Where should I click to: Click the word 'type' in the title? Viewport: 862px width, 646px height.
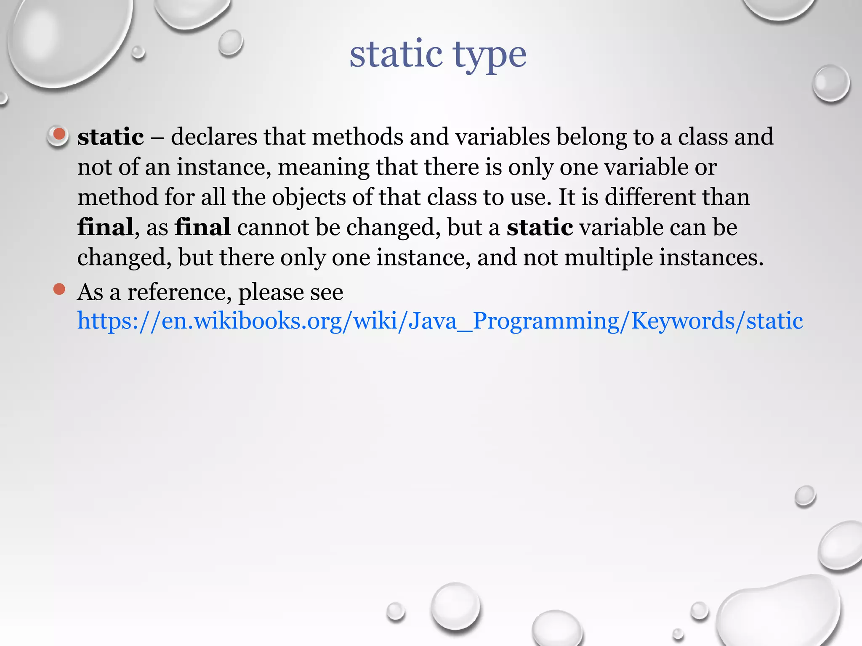click(x=490, y=56)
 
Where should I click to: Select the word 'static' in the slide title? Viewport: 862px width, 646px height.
click(x=396, y=55)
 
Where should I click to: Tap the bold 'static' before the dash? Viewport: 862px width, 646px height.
click(x=111, y=137)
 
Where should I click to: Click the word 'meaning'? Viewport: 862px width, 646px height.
click(x=323, y=167)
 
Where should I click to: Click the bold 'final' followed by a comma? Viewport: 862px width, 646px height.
click(x=105, y=227)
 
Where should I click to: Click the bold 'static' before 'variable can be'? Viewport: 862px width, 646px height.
click(x=540, y=227)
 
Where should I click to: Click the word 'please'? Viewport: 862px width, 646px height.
click(x=271, y=293)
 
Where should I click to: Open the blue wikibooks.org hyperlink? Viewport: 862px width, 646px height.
click(x=440, y=321)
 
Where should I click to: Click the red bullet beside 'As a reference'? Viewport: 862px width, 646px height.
click(x=59, y=289)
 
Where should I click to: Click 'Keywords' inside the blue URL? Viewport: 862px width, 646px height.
click(x=683, y=321)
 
